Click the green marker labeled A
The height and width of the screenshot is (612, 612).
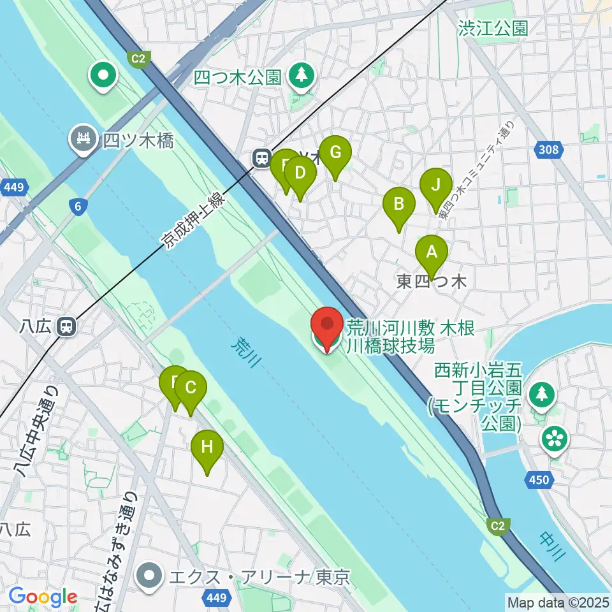coord(432,252)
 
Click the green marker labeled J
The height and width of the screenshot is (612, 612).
coord(436,186)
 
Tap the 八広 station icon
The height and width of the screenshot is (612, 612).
coord(66,327)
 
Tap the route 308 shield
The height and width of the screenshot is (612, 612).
coord(548,150)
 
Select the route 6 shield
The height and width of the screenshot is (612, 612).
coord(78,206)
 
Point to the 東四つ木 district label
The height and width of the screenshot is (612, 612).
coord(432,282)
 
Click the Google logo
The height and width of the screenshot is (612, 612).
coord(43,597)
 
